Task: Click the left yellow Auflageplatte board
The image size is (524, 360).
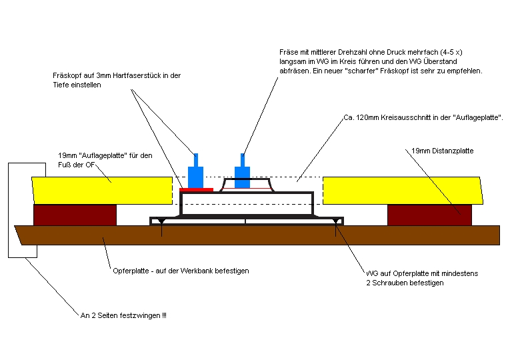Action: click(x=100, y=190)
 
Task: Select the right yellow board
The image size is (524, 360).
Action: click(x=400, y=190)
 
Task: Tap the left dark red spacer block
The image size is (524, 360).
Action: click(x=75, y=215)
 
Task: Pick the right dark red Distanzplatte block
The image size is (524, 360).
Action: click(x=429, y=215)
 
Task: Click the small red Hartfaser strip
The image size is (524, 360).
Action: click(x=196, y=189)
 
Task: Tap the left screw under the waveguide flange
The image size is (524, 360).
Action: click(x=162, y=229)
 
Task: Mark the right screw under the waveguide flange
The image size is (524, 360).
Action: click(x=334, y=229)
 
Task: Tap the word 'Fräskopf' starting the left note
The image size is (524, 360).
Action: click(x=66, y=76)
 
